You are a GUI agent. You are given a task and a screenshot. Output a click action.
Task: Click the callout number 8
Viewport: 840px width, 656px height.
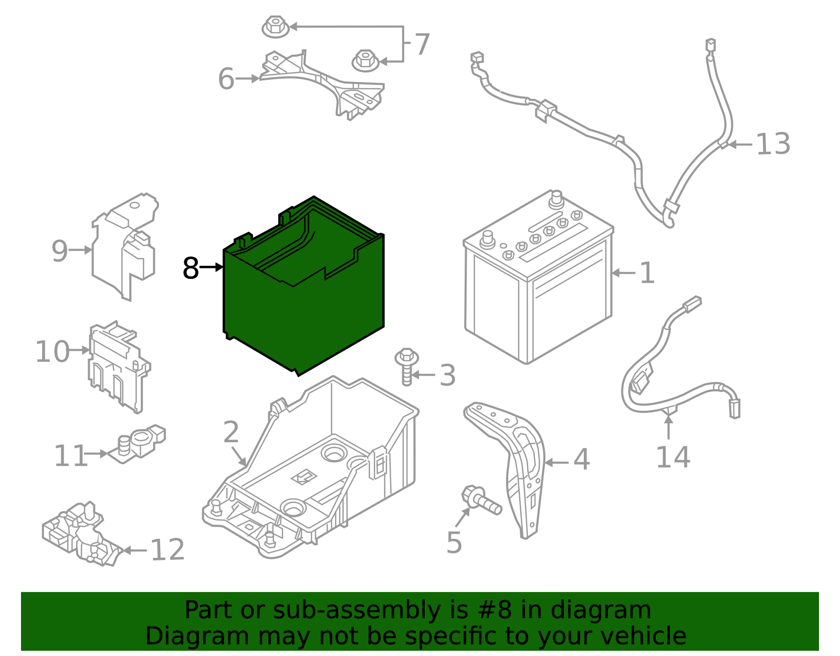191,268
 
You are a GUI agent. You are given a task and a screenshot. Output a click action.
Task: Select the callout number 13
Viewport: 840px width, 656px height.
773,144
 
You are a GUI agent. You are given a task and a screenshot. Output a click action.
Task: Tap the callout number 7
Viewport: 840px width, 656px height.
422,44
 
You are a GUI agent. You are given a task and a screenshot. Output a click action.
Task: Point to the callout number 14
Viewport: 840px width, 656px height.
673,457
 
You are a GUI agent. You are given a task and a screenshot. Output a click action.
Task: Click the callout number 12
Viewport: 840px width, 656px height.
167,550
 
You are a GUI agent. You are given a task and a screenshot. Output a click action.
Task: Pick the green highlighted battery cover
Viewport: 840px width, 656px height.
303,286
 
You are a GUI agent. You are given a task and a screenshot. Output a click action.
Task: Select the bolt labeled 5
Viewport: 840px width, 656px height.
481,499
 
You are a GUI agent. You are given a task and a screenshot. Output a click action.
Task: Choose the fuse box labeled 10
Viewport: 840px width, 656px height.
119,367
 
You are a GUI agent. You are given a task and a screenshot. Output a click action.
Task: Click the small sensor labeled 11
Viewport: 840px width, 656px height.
137,444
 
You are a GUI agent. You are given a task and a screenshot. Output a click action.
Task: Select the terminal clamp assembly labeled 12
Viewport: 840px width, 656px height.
81,534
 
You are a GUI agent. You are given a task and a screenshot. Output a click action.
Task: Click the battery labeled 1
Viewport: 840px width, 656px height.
538,276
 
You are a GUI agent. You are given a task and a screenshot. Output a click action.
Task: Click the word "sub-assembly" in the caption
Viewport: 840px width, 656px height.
356,610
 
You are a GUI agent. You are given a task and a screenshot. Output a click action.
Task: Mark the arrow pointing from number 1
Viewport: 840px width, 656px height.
624,273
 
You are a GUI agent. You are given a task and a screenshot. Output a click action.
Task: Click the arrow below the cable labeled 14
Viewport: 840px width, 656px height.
668,427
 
